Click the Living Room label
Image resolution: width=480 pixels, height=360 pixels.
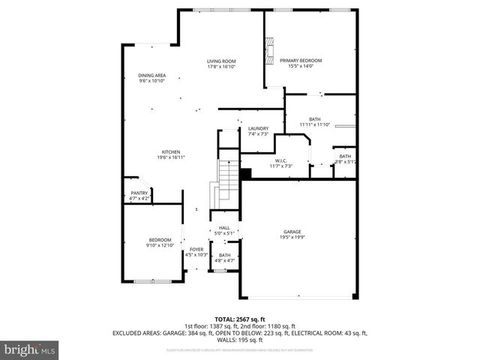(x=221, y=61)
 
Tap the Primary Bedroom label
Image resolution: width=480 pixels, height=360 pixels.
(x=300, y=61)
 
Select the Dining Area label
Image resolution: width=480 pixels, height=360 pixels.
(x=151, y=75)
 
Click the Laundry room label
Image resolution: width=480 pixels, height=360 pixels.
(x=258, y=128)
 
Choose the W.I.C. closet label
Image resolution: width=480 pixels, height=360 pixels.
(x=281, y=160)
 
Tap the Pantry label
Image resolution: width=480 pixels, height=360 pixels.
(x=139, y=193)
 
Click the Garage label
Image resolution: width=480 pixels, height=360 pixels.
(x=292, y=232)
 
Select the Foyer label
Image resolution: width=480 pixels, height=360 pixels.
(x=196, y=250)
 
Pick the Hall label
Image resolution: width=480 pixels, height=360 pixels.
(x=224, y=227)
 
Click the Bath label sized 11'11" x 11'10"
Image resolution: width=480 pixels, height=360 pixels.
(x=314, y=118)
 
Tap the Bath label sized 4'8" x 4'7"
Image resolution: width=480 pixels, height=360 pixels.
(x=224, y=256)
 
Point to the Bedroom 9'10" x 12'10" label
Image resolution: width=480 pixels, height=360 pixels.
(x=159, y=240)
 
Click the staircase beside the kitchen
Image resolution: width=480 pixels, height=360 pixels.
(x=226, y=184)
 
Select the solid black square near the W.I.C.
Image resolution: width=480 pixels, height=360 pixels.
(x=244, y=174)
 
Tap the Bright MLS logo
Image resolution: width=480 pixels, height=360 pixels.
(x=29, y=349)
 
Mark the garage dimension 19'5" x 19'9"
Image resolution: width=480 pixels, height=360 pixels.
(x=292, y=237)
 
